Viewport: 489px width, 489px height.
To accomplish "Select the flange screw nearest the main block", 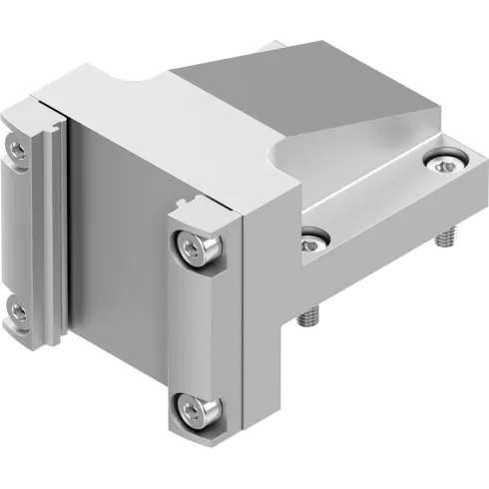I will [313, 240].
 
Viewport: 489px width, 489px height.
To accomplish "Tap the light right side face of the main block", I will [267, 299].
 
